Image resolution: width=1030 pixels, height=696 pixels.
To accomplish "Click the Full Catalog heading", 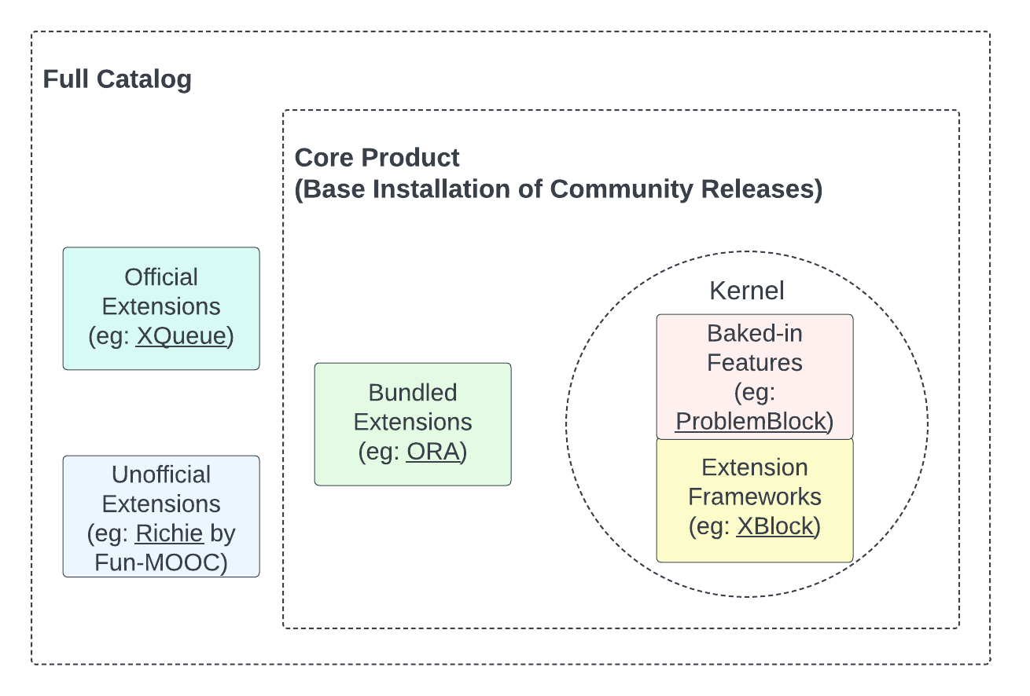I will coord(117,79).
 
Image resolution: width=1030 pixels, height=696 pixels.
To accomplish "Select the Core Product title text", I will coord(377,157).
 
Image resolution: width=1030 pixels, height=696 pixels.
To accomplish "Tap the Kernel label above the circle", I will coord(746,291).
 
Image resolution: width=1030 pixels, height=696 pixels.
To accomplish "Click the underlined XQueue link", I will coord(182,336).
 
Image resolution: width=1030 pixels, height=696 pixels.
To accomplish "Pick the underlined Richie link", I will coord(169,533).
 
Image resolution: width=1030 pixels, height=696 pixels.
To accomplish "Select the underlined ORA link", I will coord(432,452).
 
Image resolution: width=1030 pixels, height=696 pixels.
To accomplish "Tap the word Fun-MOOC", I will coord(161,562).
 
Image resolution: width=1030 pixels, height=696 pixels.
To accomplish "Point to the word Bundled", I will coord(413,393).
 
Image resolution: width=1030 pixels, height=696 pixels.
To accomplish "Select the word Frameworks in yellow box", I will coord(755,496).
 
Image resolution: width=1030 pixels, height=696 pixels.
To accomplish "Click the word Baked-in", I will coord(754,333).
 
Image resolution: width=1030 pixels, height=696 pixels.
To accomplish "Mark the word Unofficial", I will coord(161,474).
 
